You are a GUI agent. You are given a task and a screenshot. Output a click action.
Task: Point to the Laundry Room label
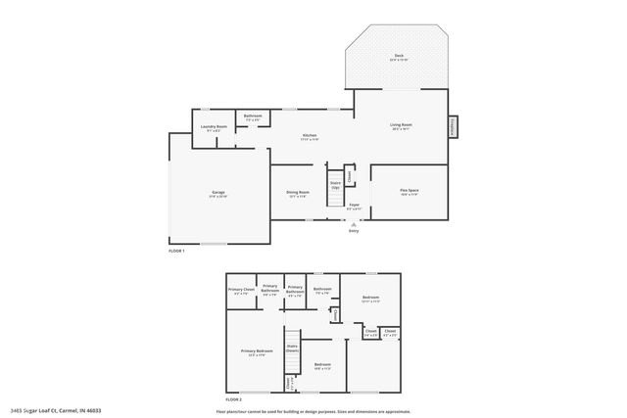pyautogui.click(x=215, y=127)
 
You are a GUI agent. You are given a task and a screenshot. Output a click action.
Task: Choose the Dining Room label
pyautogui.click(x=298, y=194)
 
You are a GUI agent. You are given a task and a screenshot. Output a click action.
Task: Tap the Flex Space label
pyautogui.click(x=409, y=192)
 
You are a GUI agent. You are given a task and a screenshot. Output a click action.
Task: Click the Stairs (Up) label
pyautogui.click(x=335, y=184)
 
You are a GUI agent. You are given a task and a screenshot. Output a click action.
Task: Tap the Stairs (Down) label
pyautogui.click(x=292, y=348)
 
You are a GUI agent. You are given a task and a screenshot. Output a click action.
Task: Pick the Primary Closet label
pyautogui.click(x=241, y=291)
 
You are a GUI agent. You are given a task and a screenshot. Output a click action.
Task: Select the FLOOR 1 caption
pyautogui.click(x=176, y=251)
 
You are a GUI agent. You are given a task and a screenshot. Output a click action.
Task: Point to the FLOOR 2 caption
pyautogui.click(x=233, y=399)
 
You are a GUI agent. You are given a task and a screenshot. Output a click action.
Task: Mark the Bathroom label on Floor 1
pyautogui.click(x=253, y=117)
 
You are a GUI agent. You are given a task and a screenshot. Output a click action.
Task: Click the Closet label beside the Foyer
pyautogui.click(x=350, y=176)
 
